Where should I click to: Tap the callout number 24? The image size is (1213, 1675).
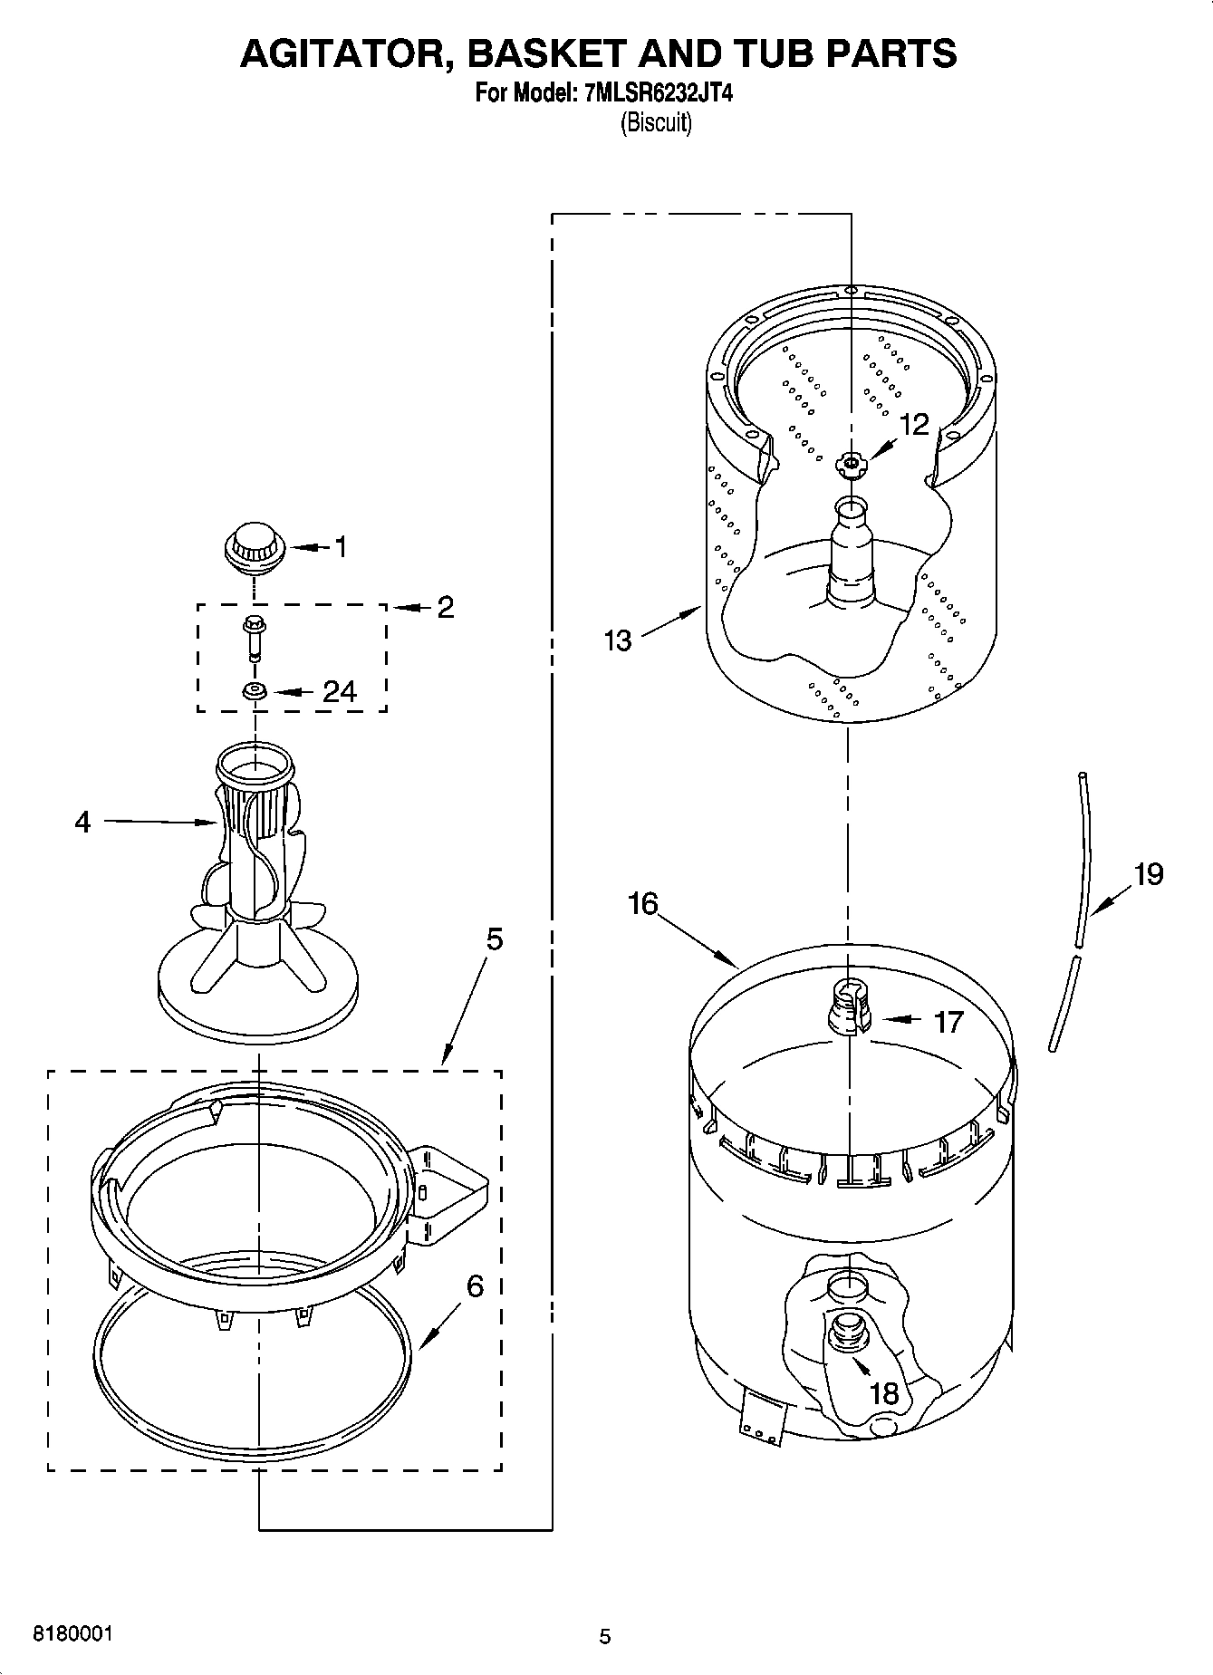pos(340,692)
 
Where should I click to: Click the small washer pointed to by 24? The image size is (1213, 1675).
pos(254,692)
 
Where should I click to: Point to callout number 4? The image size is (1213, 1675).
pos(82,823)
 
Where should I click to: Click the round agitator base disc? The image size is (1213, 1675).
pos(258,996)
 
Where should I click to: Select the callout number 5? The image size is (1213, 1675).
pos(494,939)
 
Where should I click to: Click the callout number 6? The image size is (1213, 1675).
pos(475,1285)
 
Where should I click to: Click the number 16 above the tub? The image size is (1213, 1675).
pos(642,904)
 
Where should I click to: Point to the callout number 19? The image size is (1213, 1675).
pos(1148,874)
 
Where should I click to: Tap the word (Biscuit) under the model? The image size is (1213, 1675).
pos(655,123)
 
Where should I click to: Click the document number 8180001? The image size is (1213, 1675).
pos(72,1633)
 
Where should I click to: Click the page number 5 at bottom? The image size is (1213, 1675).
pos(605,1636)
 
